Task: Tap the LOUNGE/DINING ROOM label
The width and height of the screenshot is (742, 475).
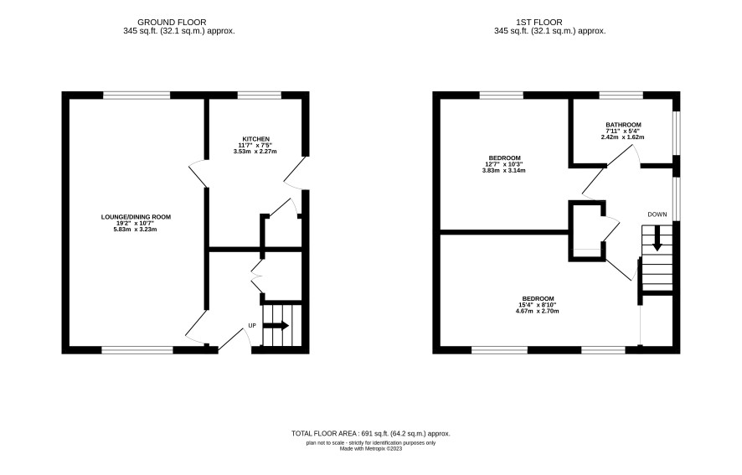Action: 136,217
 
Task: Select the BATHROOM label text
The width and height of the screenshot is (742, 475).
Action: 623,125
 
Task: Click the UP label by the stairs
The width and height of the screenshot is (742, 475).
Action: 252,326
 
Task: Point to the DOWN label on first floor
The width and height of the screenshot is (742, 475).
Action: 657,214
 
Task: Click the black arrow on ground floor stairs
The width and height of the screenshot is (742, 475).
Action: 276,326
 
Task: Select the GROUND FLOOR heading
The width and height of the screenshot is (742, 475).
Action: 172,23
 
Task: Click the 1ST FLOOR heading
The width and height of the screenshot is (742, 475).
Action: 539,23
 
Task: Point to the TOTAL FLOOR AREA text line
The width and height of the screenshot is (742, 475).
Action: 370,433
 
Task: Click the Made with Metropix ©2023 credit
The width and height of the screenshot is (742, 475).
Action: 371,448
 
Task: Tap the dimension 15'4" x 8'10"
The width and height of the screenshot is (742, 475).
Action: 537,305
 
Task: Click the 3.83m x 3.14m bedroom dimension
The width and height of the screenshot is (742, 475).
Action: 503,171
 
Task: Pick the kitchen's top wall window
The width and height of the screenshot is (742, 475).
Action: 259,96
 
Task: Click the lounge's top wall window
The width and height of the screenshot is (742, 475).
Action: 137,96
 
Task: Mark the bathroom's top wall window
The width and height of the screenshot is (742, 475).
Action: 621,96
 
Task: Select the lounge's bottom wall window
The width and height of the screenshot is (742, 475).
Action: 137,350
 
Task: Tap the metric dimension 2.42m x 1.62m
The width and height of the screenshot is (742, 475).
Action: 623,137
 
